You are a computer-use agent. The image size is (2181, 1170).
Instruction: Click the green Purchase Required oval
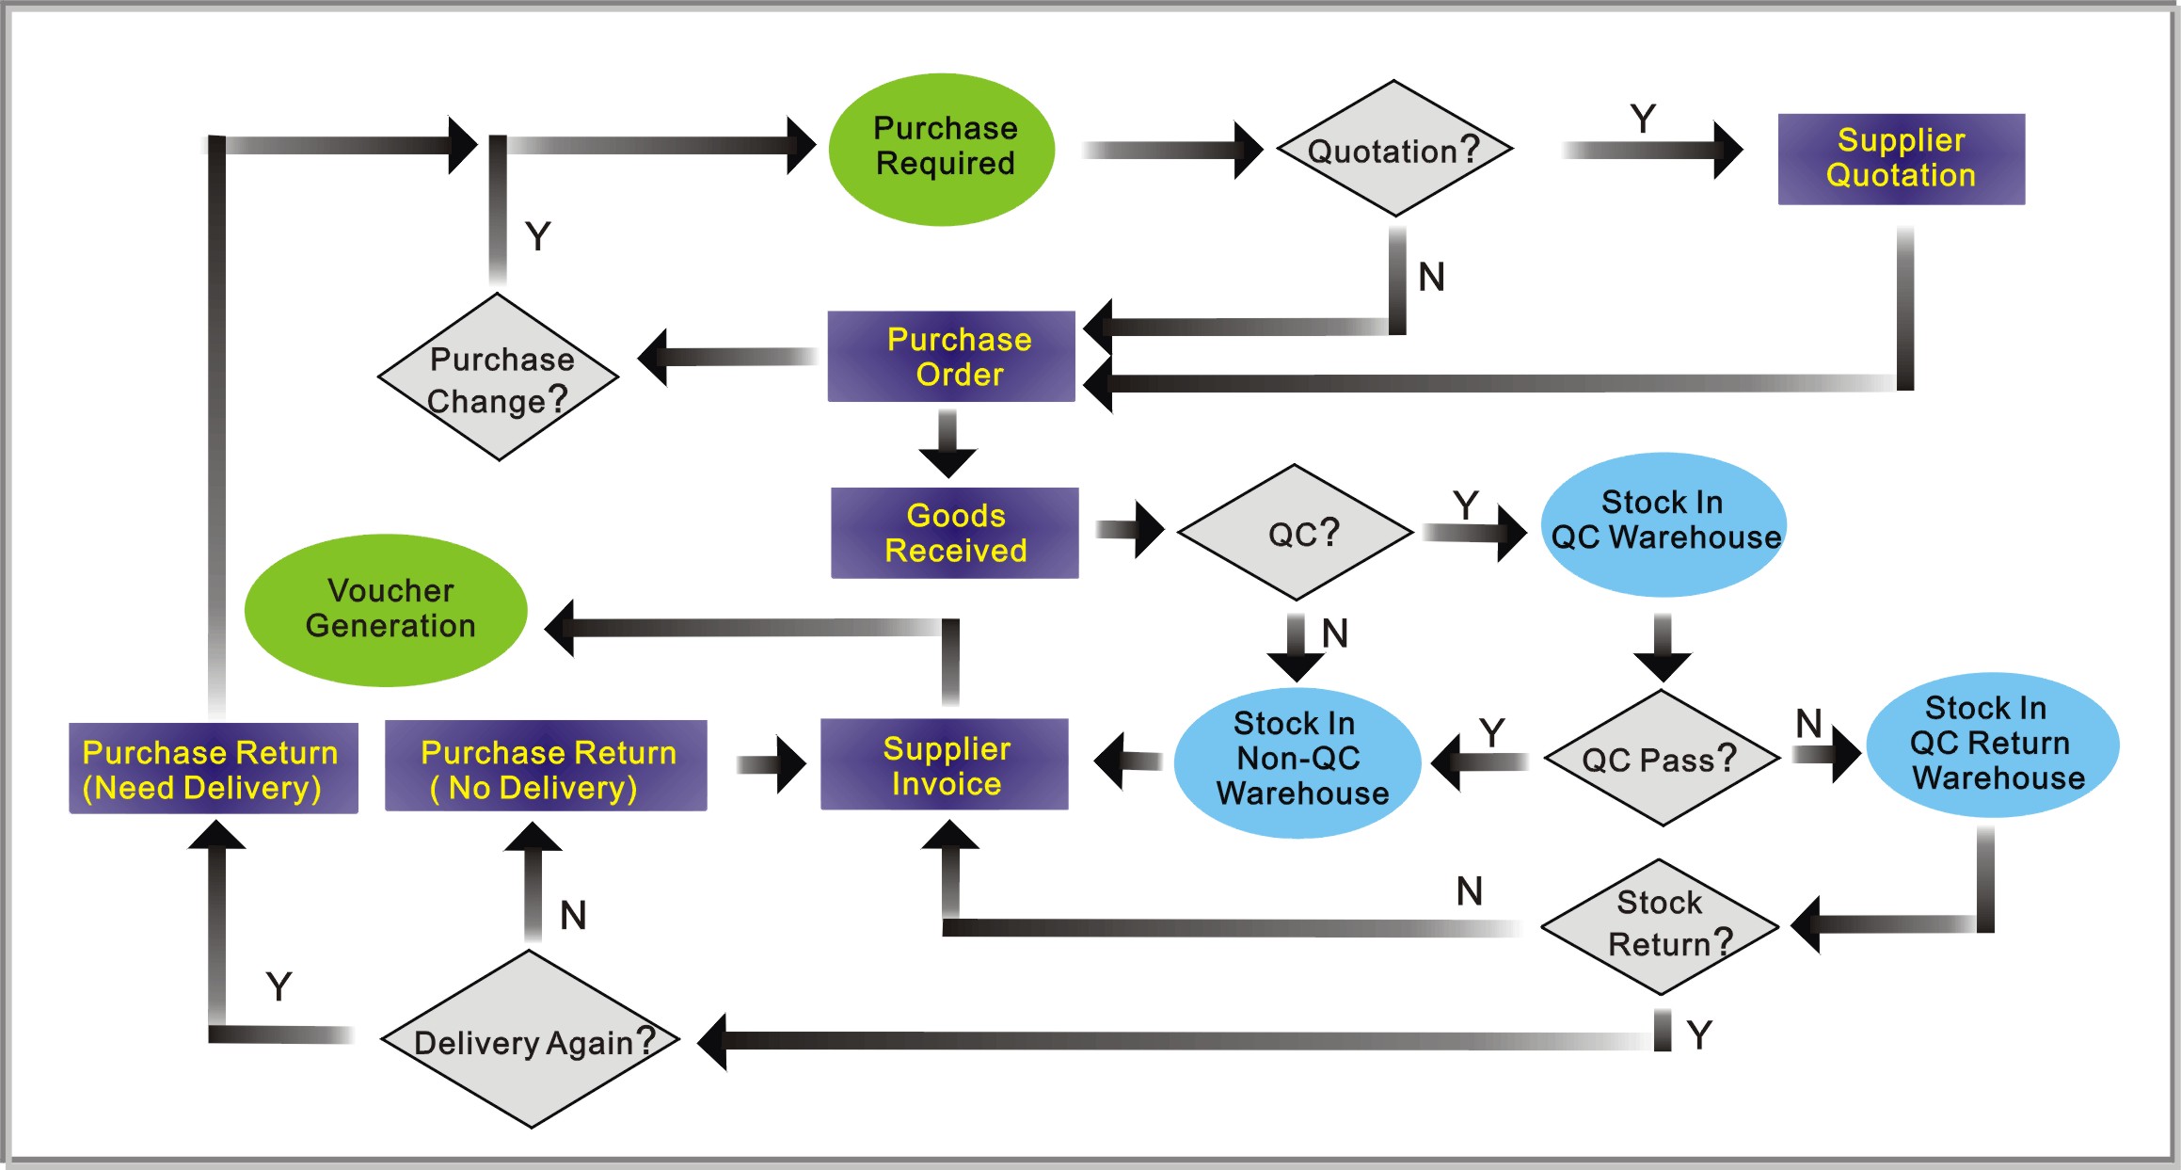tap(943, 149)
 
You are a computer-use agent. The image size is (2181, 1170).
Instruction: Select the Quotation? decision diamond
tap(1394, 149)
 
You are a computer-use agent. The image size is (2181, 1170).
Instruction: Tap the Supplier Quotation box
tap(1901, 158)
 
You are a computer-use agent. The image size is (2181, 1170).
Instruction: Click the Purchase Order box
tap(951, 357)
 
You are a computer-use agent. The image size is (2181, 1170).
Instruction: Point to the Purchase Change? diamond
tap(498, 377)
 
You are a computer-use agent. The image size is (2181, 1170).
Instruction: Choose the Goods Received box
tap(955, 533)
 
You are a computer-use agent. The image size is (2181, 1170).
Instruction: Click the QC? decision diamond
tap(1296, 533)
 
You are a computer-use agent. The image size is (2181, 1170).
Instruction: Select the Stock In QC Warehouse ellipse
tap(1664, 523)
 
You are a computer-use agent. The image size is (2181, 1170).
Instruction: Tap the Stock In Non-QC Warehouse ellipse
tap(1298, 761)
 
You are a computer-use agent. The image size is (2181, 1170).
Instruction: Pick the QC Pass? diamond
tap(1662, 759)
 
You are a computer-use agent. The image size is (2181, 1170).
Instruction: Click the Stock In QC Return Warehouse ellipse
tap(1993, 744)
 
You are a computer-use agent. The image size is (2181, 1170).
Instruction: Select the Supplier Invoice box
tap(945, 764)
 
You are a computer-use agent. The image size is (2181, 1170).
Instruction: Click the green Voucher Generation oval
tap(387, 609)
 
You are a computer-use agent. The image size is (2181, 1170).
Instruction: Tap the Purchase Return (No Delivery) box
tap(546, 766)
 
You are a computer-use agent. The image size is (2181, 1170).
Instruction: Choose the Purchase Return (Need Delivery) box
tap(214, 768)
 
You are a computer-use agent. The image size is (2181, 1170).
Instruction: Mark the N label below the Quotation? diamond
tap(1431, 277)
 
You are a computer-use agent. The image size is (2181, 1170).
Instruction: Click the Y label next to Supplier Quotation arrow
tap(1643, 120)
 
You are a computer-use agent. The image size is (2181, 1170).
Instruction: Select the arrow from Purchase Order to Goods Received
tap(948, 443)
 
